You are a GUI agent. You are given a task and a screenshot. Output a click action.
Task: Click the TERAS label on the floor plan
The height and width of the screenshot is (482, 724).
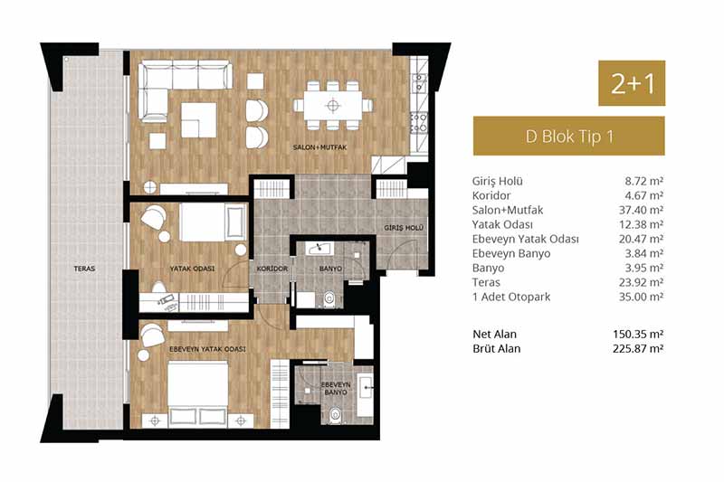pos(84,269)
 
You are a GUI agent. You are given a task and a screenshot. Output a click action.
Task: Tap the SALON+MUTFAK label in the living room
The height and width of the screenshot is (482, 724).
pos(319,147)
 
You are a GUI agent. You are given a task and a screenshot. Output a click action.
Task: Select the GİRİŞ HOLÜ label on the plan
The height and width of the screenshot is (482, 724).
pos(404,228)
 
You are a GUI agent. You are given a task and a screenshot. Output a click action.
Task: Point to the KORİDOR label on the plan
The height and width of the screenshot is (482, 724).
pos(272,269)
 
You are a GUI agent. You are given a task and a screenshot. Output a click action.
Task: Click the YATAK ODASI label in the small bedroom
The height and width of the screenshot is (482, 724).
pos(192,269)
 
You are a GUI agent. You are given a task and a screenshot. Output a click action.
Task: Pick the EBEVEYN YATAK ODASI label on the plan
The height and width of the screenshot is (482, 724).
pos(207,349)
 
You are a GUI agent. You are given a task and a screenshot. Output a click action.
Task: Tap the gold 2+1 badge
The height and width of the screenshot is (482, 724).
pos(632,83)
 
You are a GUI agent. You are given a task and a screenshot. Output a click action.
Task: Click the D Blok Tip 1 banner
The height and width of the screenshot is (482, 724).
pos(569,136)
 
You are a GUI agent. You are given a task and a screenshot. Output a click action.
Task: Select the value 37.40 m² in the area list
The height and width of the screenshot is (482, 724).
pos(641,210)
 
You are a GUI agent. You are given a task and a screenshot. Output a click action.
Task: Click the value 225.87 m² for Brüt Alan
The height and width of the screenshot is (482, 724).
pos(638,348)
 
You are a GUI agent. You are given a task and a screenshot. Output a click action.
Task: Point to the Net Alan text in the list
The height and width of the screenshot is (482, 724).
pos(494,334)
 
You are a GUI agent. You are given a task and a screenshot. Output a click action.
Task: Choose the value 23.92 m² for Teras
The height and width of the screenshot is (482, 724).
pos(641,282)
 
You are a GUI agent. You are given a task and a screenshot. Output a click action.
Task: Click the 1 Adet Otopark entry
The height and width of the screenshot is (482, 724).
pos(511,297)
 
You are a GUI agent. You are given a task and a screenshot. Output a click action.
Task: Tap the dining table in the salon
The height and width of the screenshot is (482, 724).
pos(333,106)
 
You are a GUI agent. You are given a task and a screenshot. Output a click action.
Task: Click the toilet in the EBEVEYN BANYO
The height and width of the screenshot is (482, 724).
pos(334,415)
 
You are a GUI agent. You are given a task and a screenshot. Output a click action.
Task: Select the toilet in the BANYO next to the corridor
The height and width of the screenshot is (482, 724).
pos(329,298)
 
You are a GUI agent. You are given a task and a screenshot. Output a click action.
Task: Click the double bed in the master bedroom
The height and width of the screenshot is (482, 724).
pos(198,393)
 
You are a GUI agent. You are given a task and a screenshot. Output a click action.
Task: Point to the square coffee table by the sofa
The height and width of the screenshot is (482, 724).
pos(198,120)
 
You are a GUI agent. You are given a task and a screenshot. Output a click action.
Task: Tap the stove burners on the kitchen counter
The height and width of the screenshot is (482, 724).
pos(419,122)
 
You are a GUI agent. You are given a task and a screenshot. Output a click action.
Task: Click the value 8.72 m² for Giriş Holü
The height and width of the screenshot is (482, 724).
pos(643,181)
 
